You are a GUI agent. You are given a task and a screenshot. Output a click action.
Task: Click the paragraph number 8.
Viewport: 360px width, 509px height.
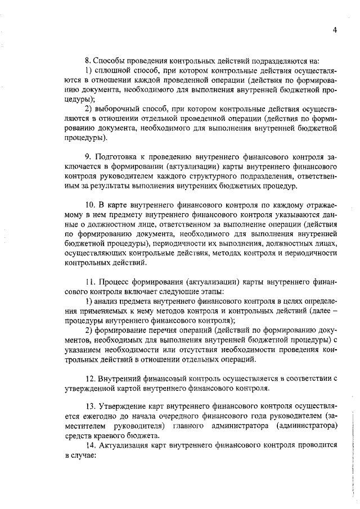point(87,60)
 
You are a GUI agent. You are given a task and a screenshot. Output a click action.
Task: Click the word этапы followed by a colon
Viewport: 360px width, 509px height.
point(211,291)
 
